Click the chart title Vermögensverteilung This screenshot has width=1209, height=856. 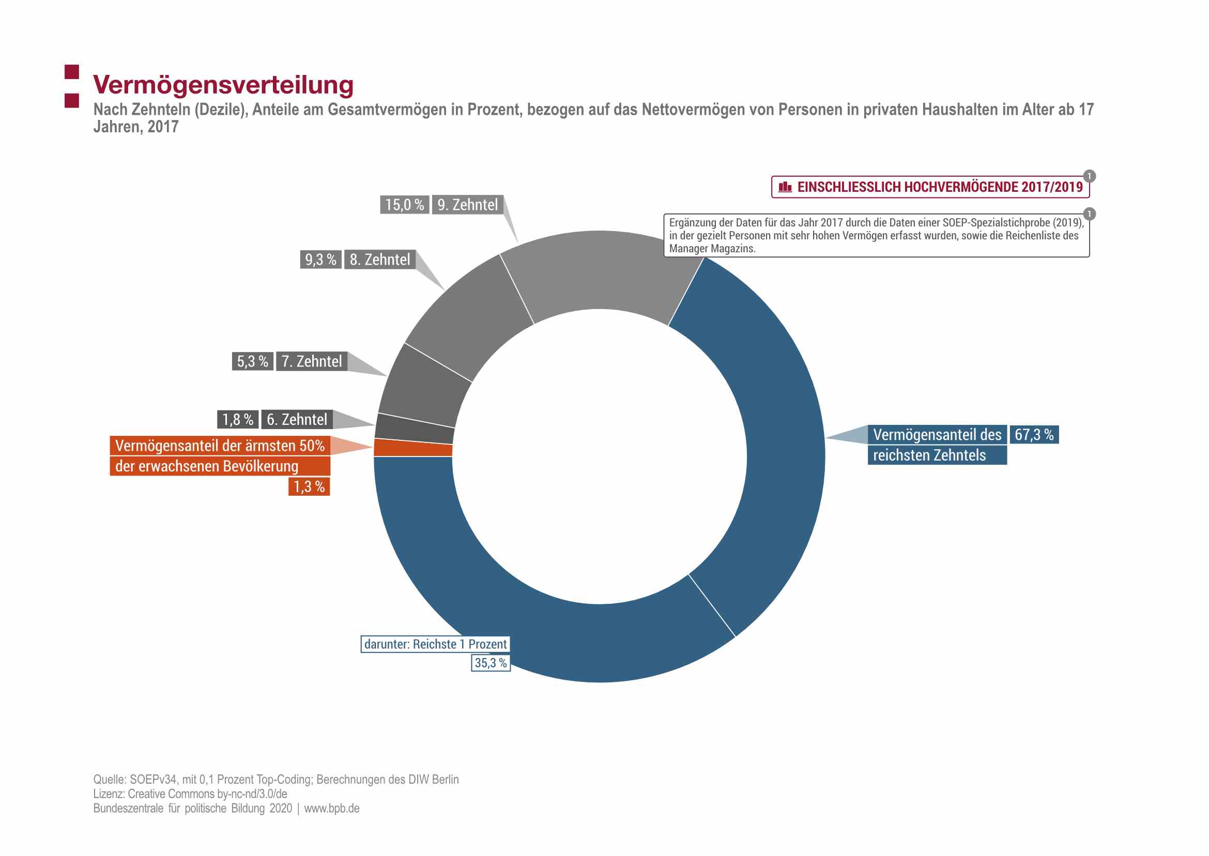[223, 85]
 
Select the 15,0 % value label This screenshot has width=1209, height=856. [404, 205]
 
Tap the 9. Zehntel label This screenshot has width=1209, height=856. [467, 205]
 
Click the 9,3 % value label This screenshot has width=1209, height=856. [320, 259]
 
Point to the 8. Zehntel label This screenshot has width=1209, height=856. [379, 259]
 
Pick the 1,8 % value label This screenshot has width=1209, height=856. [238, 419]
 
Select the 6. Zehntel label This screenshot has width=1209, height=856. [297, 419]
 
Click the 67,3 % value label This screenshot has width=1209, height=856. [1033, 434]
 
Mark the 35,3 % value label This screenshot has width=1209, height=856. [490, 663]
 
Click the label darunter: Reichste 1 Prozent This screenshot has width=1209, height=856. [435, 644]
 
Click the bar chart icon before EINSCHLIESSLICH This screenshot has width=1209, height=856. [785, 187]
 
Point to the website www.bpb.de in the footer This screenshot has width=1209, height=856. [331, 808]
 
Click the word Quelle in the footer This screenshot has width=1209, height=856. [109, 779]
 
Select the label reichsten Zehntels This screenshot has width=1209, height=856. [929, 455]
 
